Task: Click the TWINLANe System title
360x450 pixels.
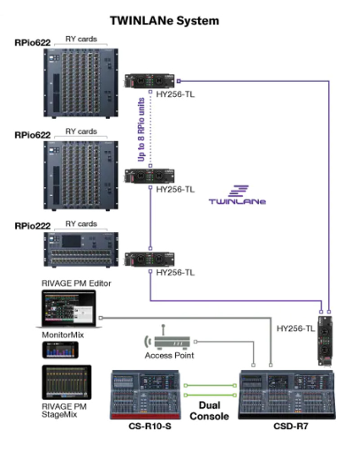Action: (165, 21)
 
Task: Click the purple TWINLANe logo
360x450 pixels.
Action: (237, 194)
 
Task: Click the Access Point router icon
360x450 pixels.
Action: (171, 341)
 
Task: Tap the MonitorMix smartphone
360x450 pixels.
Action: (60, 350)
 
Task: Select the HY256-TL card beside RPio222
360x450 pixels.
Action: (149, 260)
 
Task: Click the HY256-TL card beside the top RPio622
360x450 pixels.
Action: (149, 81)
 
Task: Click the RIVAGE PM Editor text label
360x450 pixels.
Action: (76, 283)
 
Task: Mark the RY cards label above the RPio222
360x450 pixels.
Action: (81, 224)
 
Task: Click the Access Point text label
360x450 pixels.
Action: (170, 355)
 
